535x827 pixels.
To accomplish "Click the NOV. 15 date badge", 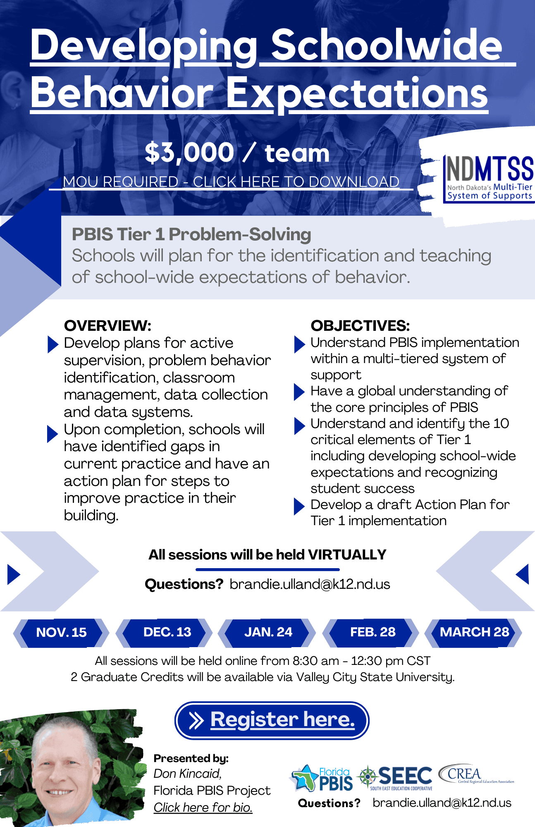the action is pyautogui.click(x=61, y=632).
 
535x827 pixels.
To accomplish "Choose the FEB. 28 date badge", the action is pyautogui.click(x=371, y=632).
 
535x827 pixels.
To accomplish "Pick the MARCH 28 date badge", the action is pyautogui.click(x=474, y=632).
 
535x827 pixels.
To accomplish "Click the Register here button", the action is pyautogui.click(x=272, y=720).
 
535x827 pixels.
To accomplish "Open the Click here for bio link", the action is pyautogui.click(x=203, y=807).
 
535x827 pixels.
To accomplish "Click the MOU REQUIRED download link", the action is pyautogui.click(x=231, y=182).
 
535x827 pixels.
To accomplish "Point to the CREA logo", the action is pyautogui.click(x=475, y=774).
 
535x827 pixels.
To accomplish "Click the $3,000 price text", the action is pyautogui.click(x=189, y=153).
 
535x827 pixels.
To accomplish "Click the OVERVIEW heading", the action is pyautogui.click(x=108, y=325).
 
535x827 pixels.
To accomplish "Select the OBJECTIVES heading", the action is pyautogui.click(x=360, y=325).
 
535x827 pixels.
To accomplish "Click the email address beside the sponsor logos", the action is pyautogui.click(x=442, y=803).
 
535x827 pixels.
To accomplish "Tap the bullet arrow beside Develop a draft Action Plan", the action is pyautogui.click(x=299, y=507).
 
